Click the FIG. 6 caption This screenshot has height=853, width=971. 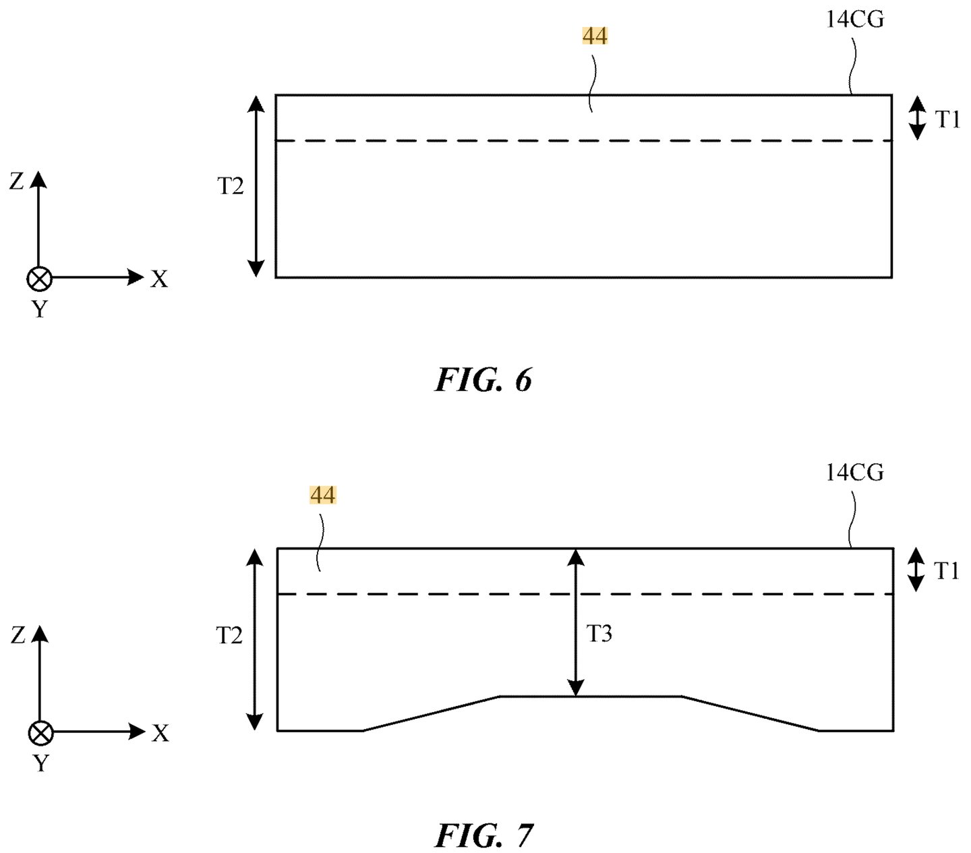point(483,380)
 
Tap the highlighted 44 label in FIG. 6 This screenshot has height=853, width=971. point(595,36)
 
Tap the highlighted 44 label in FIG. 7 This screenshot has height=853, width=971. point(323,495)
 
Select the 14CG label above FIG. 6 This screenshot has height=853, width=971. point(854,20)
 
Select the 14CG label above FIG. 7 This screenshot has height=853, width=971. point(854,473)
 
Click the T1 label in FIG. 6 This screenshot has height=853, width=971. point(947,119)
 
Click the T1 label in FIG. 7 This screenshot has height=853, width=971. point(946,570)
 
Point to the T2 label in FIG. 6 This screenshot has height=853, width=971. point(231,185)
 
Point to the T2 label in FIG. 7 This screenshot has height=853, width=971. point(229,636)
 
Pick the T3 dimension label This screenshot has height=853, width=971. point(599,634)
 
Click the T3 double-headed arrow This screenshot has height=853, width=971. point(576,622)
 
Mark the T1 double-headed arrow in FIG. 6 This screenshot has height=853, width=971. point(917,118)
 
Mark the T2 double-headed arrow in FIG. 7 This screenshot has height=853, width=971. point(254,639)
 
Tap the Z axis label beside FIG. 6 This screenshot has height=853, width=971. point(17,181)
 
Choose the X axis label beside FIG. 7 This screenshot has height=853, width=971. point(160,734)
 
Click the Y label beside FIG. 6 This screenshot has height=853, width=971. point(40,309)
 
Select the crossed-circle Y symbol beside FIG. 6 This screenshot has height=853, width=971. point(39,278)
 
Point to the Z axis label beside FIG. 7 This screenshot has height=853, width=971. point(18,635)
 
